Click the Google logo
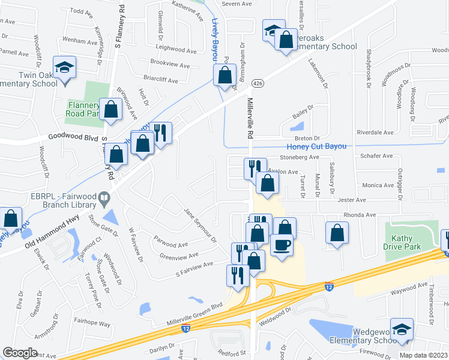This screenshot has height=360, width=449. (20, 353)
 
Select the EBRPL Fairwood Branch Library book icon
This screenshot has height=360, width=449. (104, 197)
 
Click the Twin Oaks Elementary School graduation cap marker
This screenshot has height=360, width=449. (64, 68)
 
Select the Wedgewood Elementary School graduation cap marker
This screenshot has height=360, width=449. (402, 329)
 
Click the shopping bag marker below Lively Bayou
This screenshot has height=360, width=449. (224, 76)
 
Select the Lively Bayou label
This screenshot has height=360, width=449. (215, 40)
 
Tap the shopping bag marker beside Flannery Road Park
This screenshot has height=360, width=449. (110, 109)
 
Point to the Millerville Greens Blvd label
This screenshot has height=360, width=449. (194, 316)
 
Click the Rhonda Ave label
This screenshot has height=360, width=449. (360, 215)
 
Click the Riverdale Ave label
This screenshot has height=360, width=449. (375, 132)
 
